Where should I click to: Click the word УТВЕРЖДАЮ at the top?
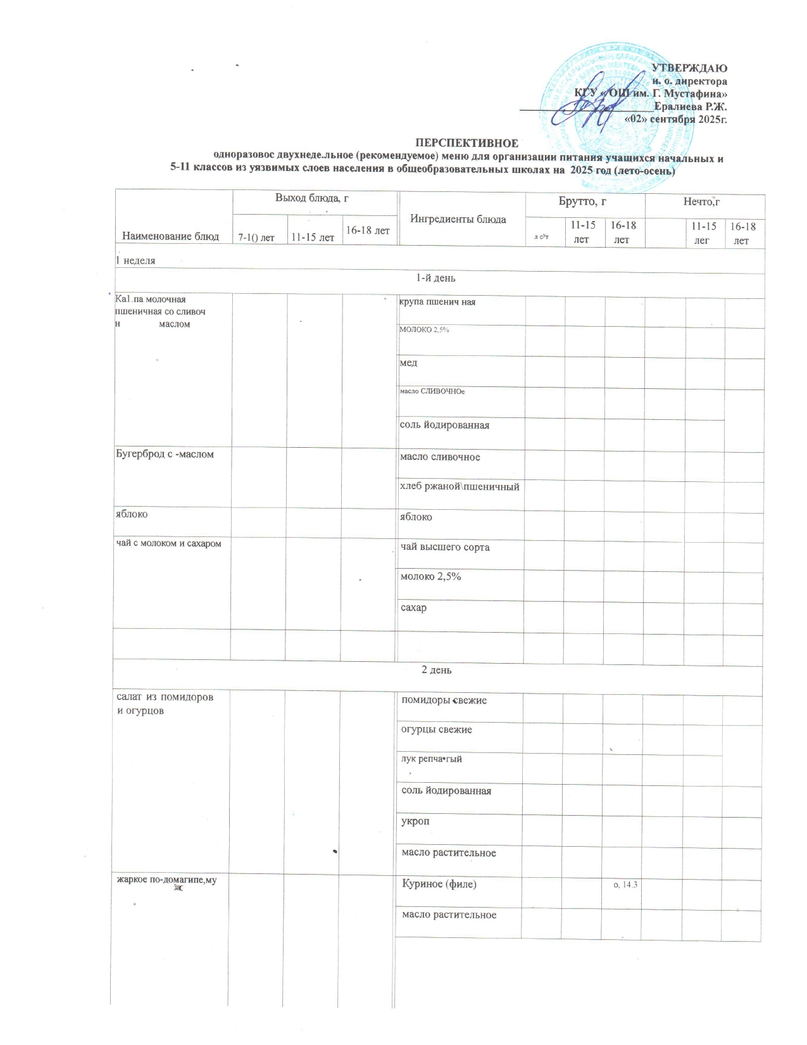click(689, 68)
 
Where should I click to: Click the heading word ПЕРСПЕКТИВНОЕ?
click(466, 144)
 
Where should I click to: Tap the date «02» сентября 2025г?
click(675, 119)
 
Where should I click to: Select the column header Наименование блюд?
click(166, 236)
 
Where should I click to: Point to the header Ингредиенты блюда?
click(458, 219)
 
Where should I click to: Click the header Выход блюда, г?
click(311, 198)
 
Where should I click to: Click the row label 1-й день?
click(435, 278)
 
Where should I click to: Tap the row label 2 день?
click(437, 670)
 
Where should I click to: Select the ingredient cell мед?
click(408, 363)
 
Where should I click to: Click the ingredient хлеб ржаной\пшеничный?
click(460, 486)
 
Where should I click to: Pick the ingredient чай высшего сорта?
click(445, 547)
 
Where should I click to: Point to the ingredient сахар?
click(414, 607)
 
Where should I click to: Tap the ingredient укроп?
click(415, 821)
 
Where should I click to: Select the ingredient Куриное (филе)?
click(439, 883)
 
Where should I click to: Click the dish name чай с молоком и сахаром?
click(168, 543)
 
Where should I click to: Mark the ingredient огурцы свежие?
click(437, 730)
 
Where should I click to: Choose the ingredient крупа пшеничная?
click(437, 302)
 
